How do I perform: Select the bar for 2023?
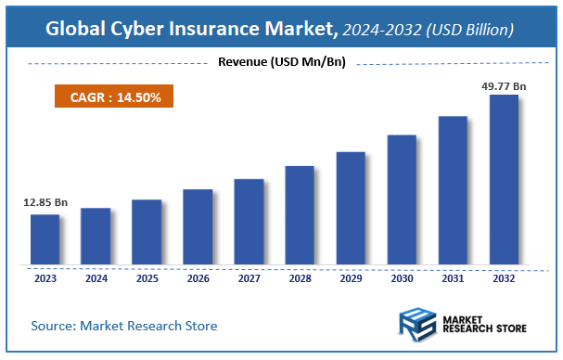click(45, 239)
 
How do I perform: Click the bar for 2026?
click(198, 227)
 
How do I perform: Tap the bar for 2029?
click(351, 208)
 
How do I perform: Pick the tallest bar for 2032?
click(504, 179)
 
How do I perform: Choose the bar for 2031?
click(453, 190)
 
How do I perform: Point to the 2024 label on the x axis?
click(96, 277)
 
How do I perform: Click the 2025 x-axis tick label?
click(147, 277)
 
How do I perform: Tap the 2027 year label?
click(249, 277)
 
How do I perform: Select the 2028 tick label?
click(300, 277)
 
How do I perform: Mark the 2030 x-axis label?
click(402, 277)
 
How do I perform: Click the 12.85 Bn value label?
click(45, 201)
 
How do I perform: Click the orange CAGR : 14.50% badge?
click(109, 96)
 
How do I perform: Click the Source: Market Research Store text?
click(124, 326)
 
